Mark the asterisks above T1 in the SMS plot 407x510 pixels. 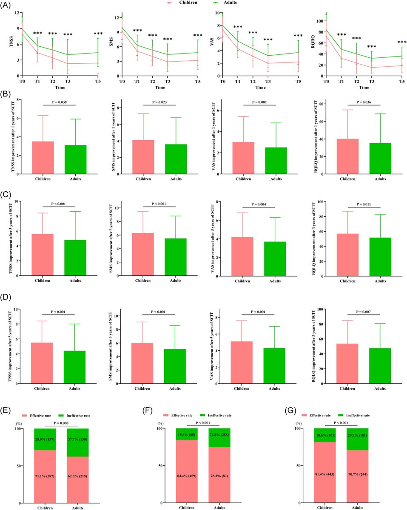(137, 31)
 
